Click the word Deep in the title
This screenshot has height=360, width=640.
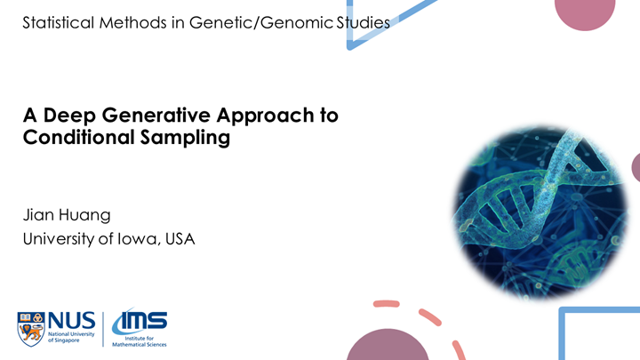(x=68, y=116)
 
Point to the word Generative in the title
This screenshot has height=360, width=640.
(x=142, y=116)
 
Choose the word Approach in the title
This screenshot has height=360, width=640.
(x=252, y=116)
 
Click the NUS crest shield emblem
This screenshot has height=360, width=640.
(x=31, y=328)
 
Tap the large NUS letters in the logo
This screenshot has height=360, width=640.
(x=70, y=319)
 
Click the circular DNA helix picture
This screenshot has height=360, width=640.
(x=534, y=210)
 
